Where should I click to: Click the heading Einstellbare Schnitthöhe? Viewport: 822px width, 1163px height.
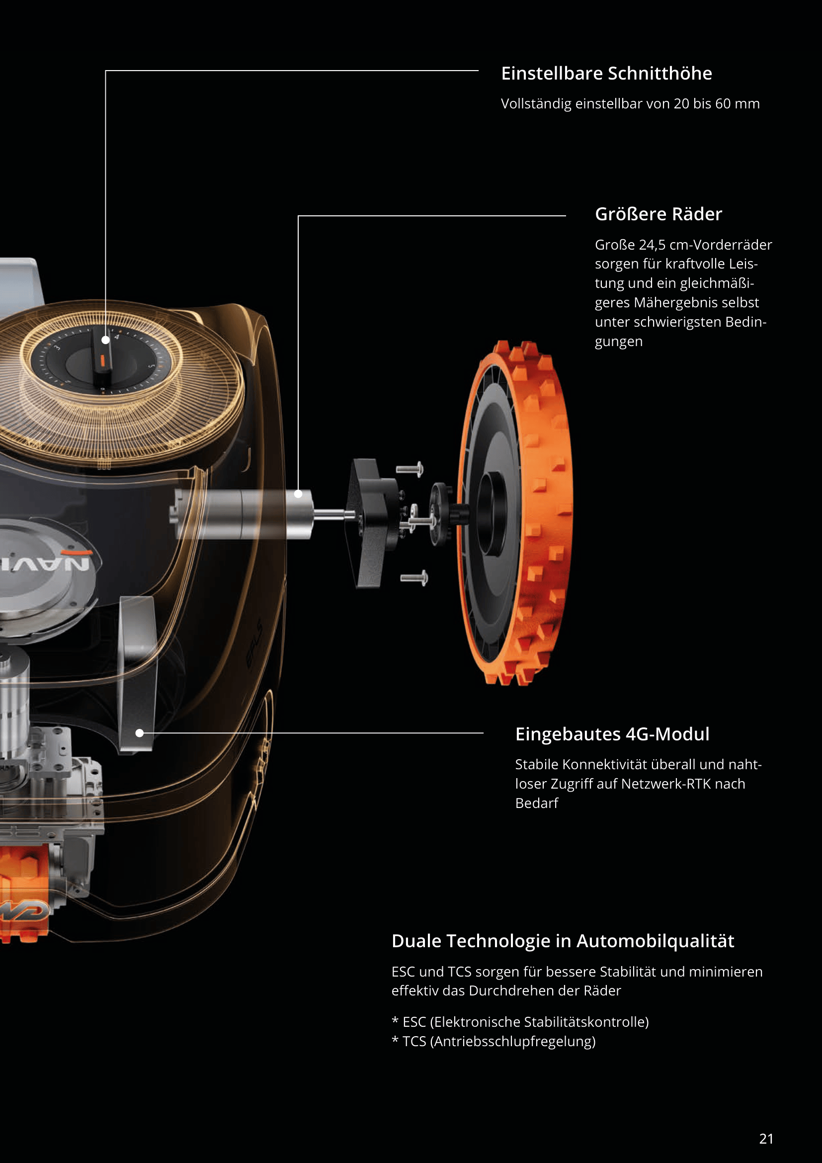click(606, 74)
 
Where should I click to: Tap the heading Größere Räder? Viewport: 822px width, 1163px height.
click(658, 214)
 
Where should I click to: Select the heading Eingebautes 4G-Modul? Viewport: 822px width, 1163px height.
click(612, 734)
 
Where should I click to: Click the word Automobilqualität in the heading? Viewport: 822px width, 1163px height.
click(655, 941)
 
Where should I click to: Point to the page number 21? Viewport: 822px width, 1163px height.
click(766, 1139)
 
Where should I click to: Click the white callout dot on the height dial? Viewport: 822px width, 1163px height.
click(106, 340)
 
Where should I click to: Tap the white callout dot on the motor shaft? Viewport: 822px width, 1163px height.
click(298, 493)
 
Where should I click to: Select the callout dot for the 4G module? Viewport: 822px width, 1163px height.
click(140, 732)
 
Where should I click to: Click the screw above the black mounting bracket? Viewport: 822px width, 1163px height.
click(410, 469)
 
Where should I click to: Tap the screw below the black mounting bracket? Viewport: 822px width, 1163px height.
click(414, 577)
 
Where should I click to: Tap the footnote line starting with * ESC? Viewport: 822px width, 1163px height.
click(520, 1022)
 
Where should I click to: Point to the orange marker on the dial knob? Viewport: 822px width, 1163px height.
click(102, 359)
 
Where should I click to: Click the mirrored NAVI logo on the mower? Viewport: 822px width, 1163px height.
click(46, 562)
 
